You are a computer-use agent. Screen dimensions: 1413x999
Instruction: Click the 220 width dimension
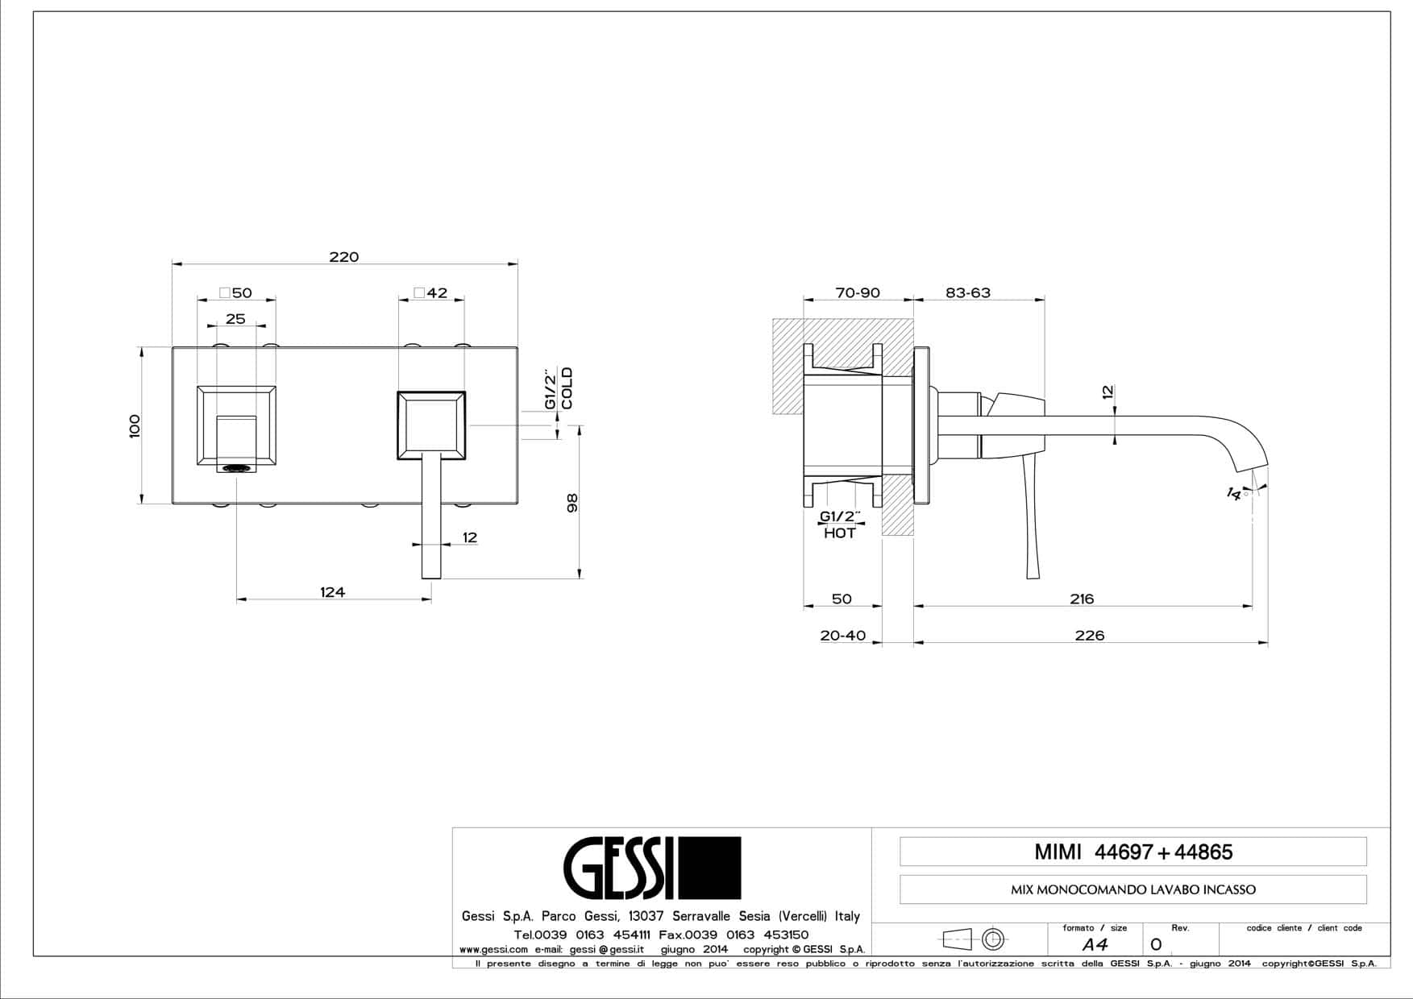pyautogui.click(x=343, y=257)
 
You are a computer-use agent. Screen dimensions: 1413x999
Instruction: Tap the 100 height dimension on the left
pyautogui.click(x=135, y=425)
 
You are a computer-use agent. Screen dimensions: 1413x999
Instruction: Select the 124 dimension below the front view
pyautogui.click(x=332, y=592)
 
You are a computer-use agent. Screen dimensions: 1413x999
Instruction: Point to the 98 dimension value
pyautogui.click(x=572, y=503)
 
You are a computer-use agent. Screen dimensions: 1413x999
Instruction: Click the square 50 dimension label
pyautogui.click(x=236, y=293)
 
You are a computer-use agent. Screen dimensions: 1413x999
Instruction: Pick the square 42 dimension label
pyautogui.click(x=431, y=293)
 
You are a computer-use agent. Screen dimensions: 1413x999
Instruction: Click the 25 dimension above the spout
pyautogui.click(x=235, y=319)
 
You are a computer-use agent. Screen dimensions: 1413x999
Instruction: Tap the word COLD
pyautogui.click(x=567, y=388)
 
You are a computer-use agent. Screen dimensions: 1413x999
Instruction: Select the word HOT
pyautogui.click(x=840, y=533)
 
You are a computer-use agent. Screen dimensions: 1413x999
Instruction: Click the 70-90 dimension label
pyautogui.click(x=858, y=293)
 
